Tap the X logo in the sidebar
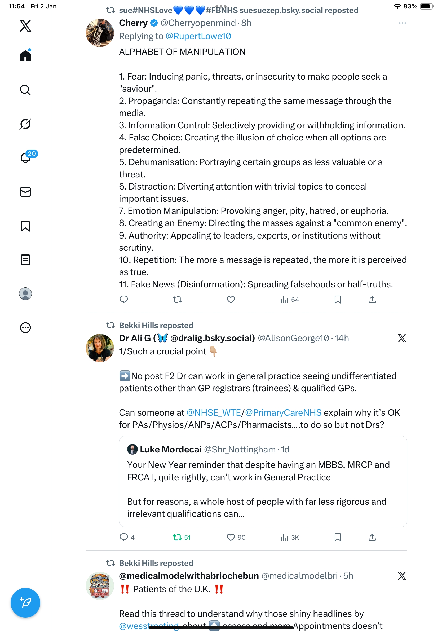pos(25,26)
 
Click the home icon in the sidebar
pos(25,56)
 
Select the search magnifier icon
pos(25,90)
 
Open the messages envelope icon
pos(25,192)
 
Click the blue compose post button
pos(25,603)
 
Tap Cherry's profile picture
pos(100,33)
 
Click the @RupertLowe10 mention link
pos(198,36)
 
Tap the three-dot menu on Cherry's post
pos(402,23)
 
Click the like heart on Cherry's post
pos(231,300)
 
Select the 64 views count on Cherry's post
pos(290,300)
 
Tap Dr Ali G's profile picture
pos(100,348)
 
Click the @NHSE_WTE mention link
pos(214,412)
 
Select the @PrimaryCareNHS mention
pos(283,412)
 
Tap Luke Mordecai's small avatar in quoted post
pos(132,449)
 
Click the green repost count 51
pos(181,537)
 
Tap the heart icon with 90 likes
pos(231,537)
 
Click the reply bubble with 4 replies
pos(124,537)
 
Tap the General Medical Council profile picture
pos(100,585)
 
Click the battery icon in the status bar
pos(426,6)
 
